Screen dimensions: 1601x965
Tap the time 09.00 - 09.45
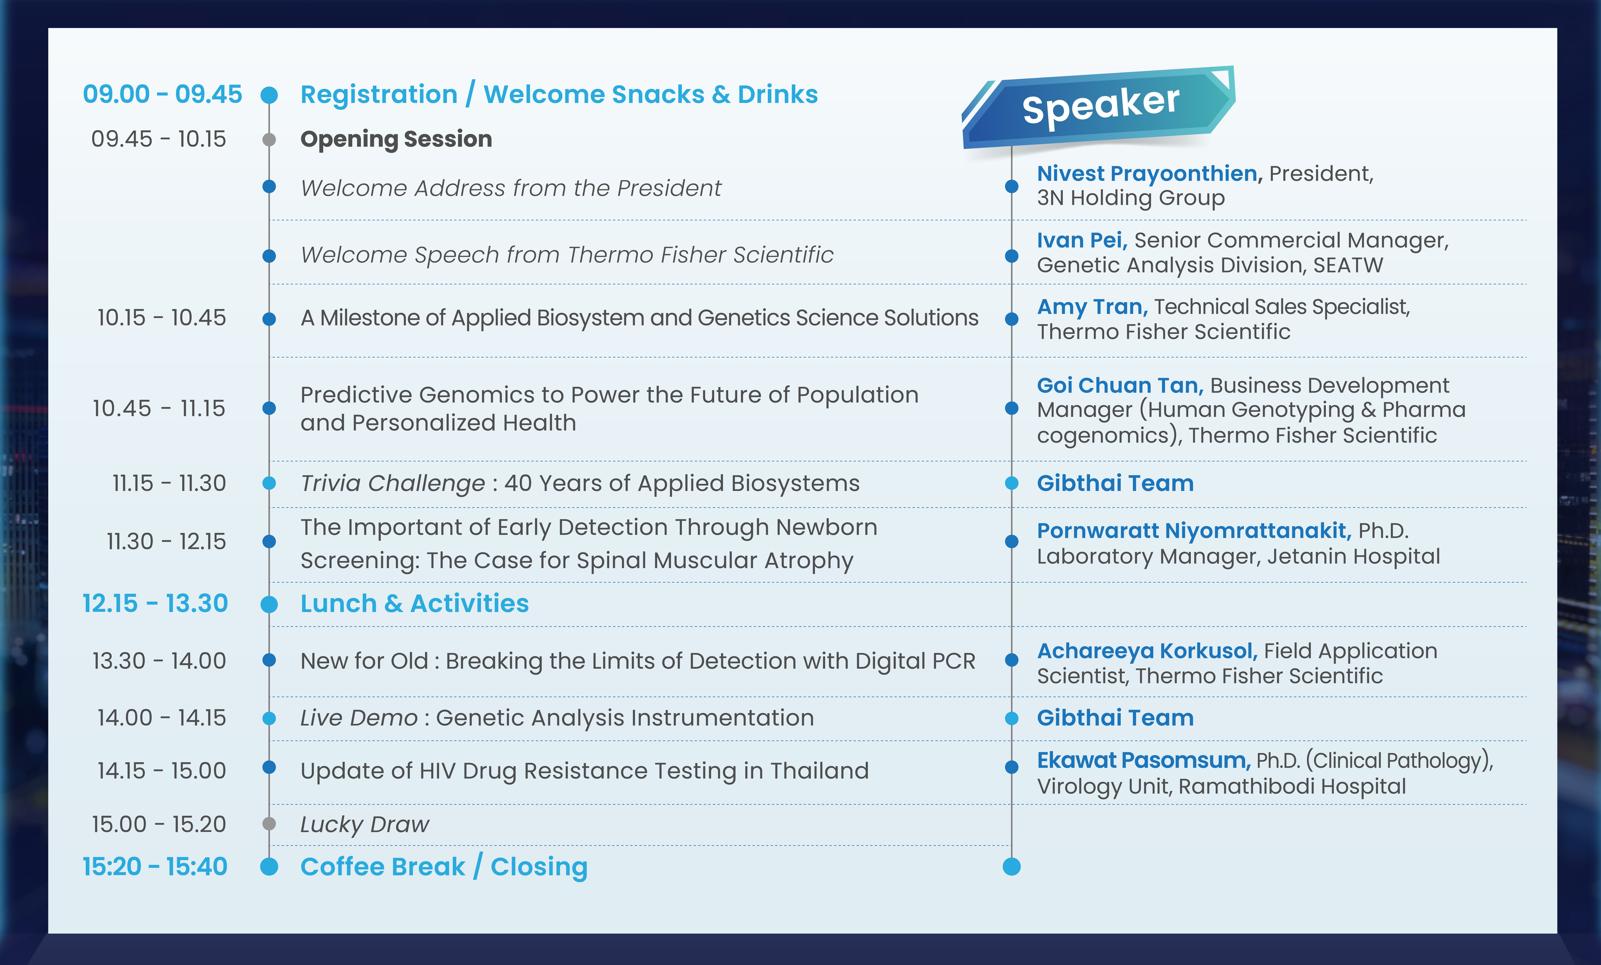tap(163, 94)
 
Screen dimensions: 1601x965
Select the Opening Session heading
tap(396, 139)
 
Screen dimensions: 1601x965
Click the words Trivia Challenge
tap(392, 483)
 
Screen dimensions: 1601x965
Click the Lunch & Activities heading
tap(415, 604)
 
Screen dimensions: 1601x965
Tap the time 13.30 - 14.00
tap(159, 661)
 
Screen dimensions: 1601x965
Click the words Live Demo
tap(359, 718)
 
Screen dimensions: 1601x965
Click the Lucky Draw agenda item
tap(364, 825)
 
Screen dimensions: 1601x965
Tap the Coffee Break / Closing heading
tap(444, 867)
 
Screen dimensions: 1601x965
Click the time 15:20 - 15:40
tap(155, 867)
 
